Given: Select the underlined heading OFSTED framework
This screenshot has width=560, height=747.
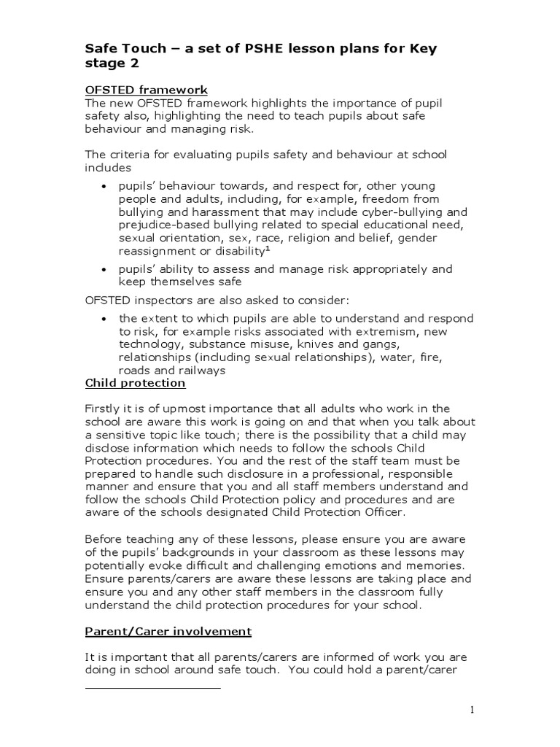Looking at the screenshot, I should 147,90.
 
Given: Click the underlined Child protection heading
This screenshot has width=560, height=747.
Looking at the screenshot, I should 136,383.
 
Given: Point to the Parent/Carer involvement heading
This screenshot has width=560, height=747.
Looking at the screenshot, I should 168,631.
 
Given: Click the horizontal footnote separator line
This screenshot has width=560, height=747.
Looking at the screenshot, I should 152,686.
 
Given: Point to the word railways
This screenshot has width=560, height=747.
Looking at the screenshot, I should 201,371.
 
